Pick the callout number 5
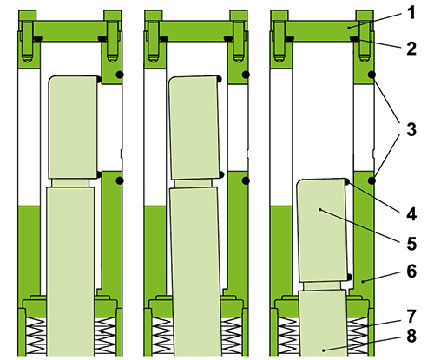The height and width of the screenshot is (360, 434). [410, 240]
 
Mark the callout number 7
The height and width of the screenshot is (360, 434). [410, 314]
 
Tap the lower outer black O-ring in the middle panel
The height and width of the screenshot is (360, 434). [247, 180]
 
